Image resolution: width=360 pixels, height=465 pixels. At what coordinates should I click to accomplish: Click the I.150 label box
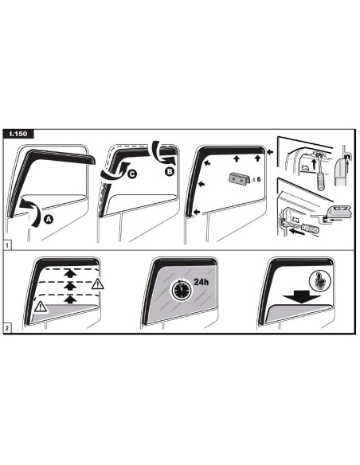18,134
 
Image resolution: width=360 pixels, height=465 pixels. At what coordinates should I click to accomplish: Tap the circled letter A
49,219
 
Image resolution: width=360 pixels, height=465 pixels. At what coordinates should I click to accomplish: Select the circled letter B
169,171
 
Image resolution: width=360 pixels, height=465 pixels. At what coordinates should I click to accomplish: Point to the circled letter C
132,174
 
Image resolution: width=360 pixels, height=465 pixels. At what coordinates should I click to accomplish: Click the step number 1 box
7,245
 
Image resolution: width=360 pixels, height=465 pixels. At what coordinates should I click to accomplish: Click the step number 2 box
7,328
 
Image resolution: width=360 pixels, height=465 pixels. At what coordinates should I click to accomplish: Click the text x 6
256,179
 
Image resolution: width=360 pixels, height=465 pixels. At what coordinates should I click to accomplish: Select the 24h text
201,282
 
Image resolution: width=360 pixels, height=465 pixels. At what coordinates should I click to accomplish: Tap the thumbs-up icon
319,280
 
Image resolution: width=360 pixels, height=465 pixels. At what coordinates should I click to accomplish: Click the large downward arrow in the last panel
302,297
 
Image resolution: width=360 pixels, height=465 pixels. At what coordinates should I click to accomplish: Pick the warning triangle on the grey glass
41,307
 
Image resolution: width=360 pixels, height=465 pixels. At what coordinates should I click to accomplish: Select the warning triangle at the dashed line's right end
97,283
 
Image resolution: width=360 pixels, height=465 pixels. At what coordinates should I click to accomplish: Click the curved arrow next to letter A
33,212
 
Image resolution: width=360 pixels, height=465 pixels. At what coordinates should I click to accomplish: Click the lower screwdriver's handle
310,228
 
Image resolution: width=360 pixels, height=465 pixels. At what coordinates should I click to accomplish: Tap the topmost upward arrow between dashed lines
70,273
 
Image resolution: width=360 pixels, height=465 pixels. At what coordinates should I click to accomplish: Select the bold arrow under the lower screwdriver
297,232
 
